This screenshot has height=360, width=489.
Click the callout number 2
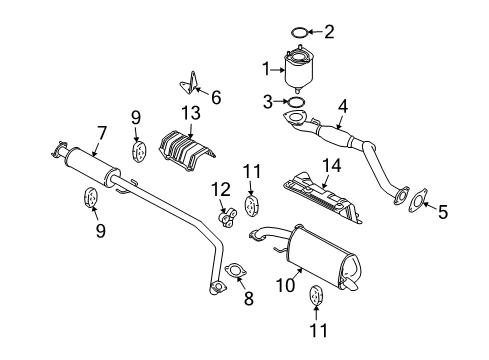tap(330, 32)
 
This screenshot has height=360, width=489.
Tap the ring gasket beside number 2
tap(297, 32)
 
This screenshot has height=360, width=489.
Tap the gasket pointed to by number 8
tap(237, 271)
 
